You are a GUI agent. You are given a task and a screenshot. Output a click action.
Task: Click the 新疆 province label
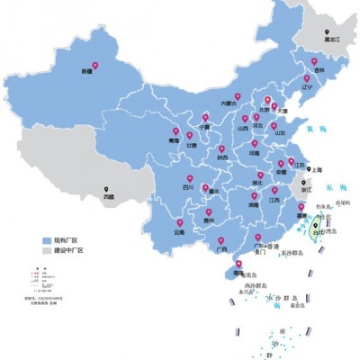[x=87, y=69]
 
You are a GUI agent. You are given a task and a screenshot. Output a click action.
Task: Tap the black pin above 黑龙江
[x=325, y=31]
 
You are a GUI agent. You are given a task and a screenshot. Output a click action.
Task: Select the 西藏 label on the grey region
[x=109, y=195]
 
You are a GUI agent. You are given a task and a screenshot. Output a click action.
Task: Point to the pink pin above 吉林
[x=318, y=59]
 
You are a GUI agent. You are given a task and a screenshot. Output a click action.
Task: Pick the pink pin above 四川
[x=189, y=178]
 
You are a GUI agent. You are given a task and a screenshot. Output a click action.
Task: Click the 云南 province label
[x=180, y=231]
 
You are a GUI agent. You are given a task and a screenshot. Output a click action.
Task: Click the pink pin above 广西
[x=221, y=229]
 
